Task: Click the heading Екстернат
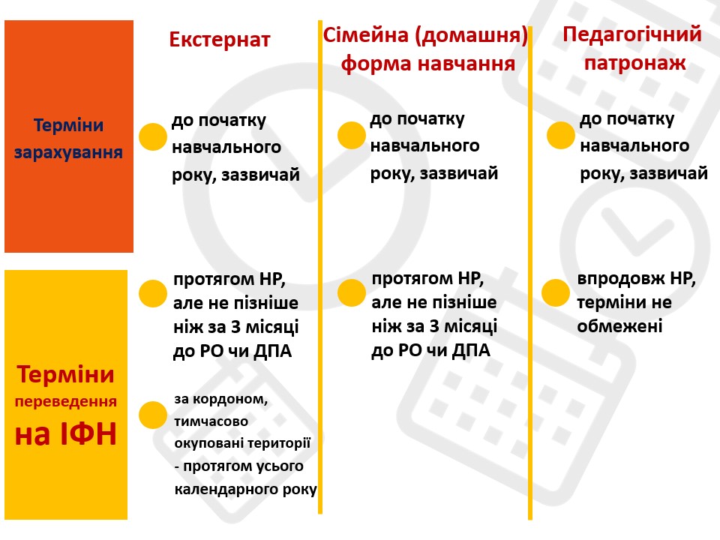pos(220,40)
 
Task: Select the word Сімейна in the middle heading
pos(365,35)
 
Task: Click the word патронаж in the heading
pos(635,62)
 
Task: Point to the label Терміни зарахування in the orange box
pos(68,139)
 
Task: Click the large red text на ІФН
pos(66,434)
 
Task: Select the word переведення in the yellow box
pos(66,402)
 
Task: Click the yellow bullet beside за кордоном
pos(152,415)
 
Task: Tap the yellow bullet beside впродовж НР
pos(556,292)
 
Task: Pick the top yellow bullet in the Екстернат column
pos(152,136)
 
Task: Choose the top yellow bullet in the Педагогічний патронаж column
pos(561,135)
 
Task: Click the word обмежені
pos(619,326)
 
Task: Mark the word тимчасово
pos(211,421)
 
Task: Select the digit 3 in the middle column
pos(434,326)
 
